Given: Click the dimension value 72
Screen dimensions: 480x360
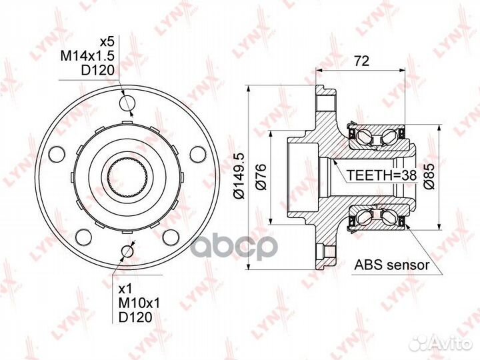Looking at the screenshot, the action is (x=362, y=61).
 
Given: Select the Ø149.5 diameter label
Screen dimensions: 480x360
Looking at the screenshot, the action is (x=239, y=176).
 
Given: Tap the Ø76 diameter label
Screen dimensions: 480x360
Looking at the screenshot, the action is (x=261, y=177).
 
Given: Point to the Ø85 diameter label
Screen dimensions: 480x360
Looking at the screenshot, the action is (x=429, y=176).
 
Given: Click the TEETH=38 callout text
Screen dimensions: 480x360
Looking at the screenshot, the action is (x=382, y=175).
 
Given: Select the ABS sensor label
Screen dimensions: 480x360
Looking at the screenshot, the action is (x=392, y=265).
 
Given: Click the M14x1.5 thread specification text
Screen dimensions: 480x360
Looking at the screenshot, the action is (x=87, y=55).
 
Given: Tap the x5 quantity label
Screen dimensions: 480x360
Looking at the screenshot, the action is (x=107, y=41).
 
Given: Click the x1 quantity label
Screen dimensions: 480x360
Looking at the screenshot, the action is (x=125, y=289).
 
